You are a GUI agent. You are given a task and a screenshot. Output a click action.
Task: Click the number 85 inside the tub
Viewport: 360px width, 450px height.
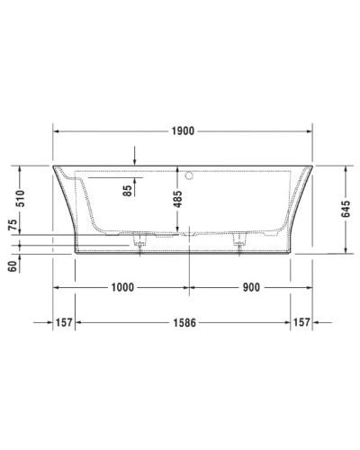pyautogui.click(x=129, y=188)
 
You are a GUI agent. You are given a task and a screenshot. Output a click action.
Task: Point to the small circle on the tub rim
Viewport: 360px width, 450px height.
pyautogui.click(x=189, y=172)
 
